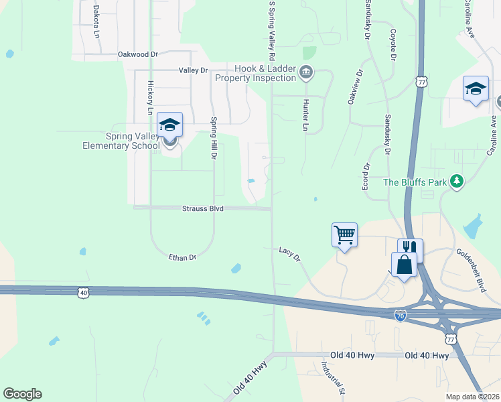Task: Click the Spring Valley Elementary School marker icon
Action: (169, 125)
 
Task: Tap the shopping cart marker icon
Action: (344, 235)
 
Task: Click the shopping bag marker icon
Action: (405, 264)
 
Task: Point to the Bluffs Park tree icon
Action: (457, 182)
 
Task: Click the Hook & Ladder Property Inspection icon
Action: (306, 72)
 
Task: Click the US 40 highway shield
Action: (83, 292)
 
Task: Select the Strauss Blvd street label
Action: (202, 209)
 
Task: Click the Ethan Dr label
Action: (182, 257)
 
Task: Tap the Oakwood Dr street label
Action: (137, 54)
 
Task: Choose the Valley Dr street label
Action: (194, 70)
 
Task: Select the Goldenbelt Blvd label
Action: (470, 261)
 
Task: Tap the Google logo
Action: (22, 394)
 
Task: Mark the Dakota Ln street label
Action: (96, 21)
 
